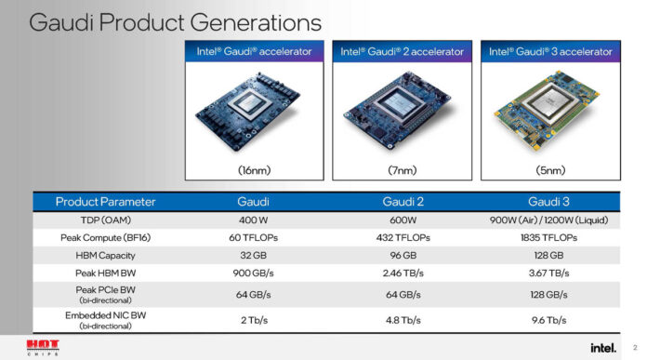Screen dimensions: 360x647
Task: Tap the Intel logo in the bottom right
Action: tap(601, 347)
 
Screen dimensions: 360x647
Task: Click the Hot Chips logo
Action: tap(43, 347)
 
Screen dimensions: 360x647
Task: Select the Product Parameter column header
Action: tap(105, 201)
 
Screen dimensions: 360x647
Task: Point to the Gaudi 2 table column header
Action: tap(403, 201)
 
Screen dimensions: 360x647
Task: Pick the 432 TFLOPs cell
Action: tap(403, 237)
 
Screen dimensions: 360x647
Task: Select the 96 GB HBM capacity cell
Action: tap(403, 255)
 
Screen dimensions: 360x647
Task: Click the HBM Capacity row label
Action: tap(105, 255)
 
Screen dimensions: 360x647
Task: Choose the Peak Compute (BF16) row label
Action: tap(105, 237)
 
